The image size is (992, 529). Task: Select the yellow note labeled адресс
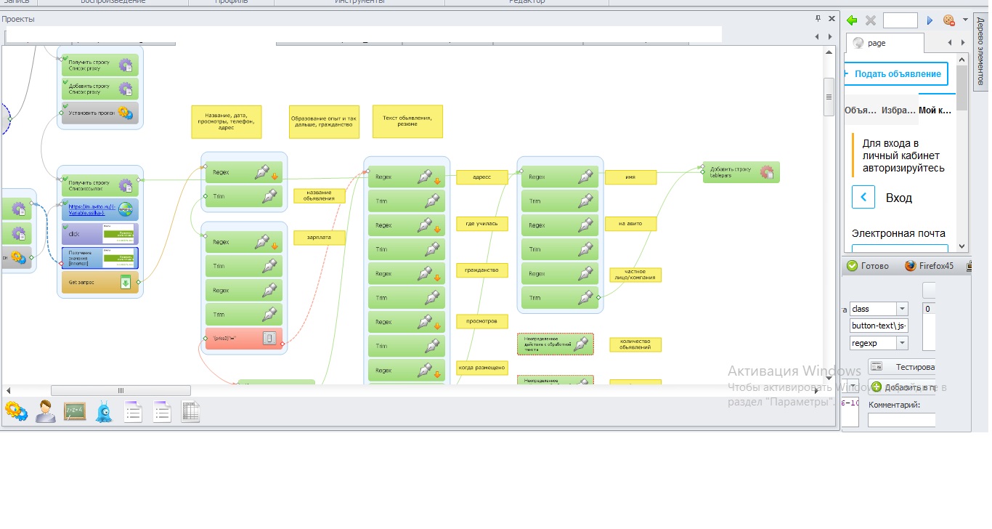[x=481, y=177]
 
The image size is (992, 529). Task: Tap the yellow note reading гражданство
[x=481, y=270]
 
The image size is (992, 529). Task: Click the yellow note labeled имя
[x=630, y=177]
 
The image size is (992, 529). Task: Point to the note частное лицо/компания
[x=635, y=275]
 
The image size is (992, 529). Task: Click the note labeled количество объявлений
[x=635, y=344]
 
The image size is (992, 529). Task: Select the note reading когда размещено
[x=481, y=368]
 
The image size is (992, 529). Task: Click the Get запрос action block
[x=99, y=283]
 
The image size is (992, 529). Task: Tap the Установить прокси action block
[x=99, y=113]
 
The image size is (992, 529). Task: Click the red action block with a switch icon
[x=243, y=338]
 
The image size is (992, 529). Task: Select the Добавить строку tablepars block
[x=740, y=172]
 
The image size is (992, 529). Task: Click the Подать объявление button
[x=897, y=74]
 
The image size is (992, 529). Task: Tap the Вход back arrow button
[x=863, y=198]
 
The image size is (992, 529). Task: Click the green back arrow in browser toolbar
[x=852, y=20]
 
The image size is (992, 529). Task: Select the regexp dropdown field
[x=879, y=343]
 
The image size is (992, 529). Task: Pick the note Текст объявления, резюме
[x=407, y=121]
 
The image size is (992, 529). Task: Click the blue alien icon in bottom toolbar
[x=104, y=412]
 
